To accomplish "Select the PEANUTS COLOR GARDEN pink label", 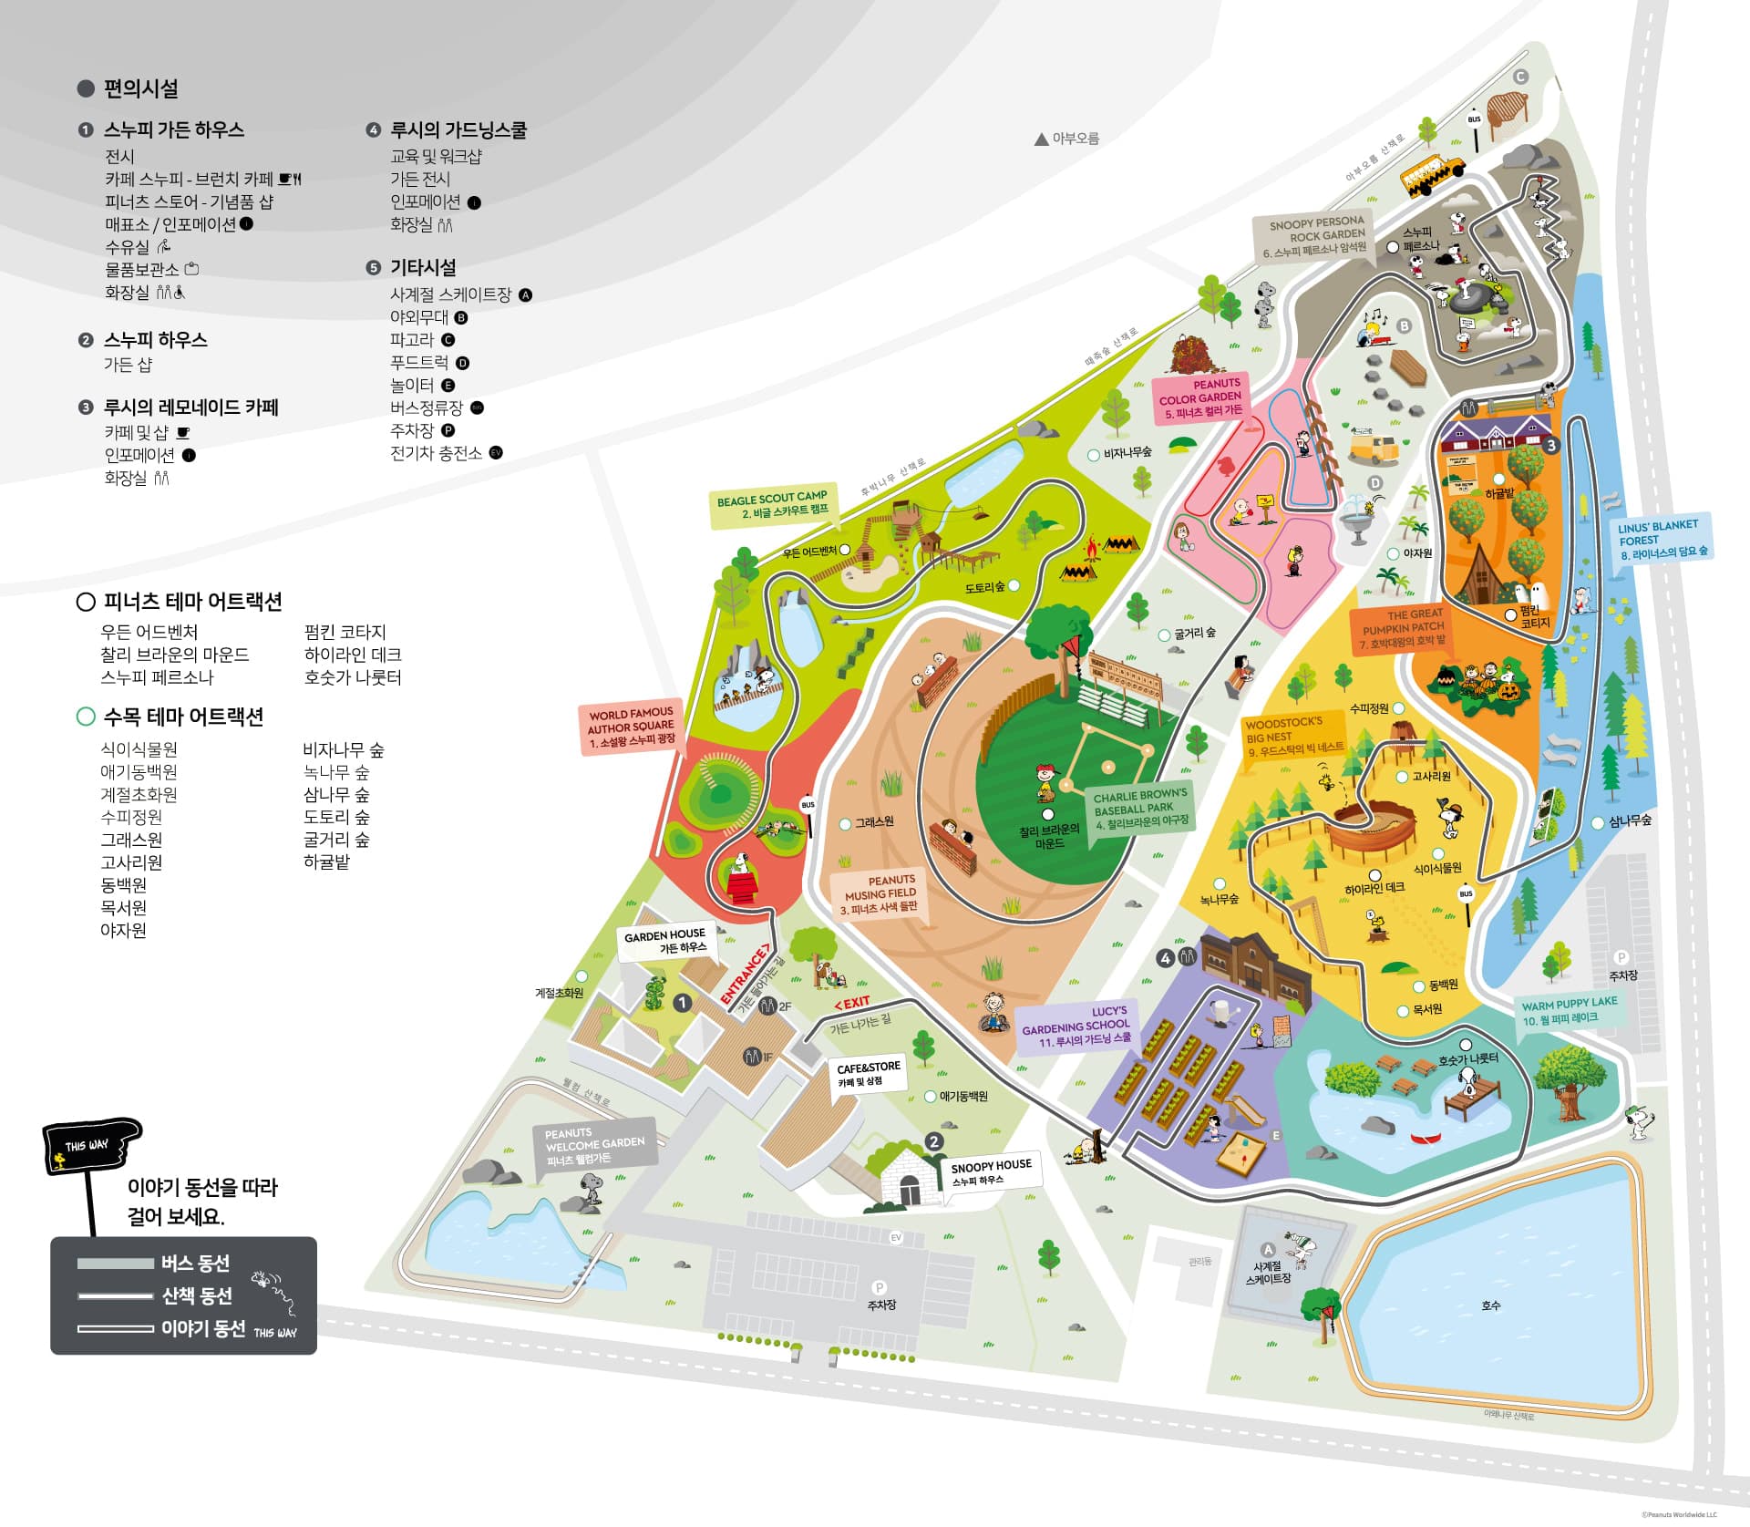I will pos(1201,397).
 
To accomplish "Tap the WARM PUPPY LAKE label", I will pos(1569,1009).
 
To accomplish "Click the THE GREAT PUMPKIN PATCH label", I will pos(1402,628).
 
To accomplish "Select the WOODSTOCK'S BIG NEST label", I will pos(1292,735).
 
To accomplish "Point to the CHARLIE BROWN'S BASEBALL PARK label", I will pos(1140,808).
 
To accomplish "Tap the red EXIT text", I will pos(852,1003).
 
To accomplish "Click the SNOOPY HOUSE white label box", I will pos(991,1172).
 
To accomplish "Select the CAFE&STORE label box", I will pos(869,1073).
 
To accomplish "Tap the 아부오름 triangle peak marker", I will pos(1041,139).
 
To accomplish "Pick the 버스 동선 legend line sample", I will pos(115,1264).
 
